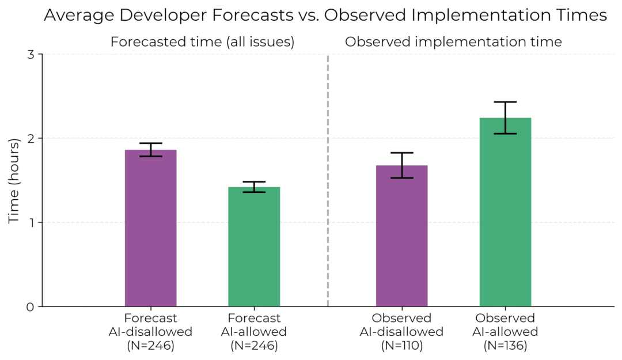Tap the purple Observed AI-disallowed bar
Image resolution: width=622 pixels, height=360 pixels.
[401, 236]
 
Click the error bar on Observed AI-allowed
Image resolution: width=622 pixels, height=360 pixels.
[505, 118]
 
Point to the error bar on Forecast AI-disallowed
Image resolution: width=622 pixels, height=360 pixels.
[150, 150]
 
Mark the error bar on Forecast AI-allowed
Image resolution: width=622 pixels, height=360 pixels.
[254, 187]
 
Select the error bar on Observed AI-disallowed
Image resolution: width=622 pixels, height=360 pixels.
[401, 165]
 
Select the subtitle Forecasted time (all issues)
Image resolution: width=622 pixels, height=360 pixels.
[202, 42]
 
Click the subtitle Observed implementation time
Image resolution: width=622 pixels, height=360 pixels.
[453, 42]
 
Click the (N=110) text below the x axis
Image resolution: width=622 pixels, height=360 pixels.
[401, 345]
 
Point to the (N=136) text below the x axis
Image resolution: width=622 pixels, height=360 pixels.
[505, 345]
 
